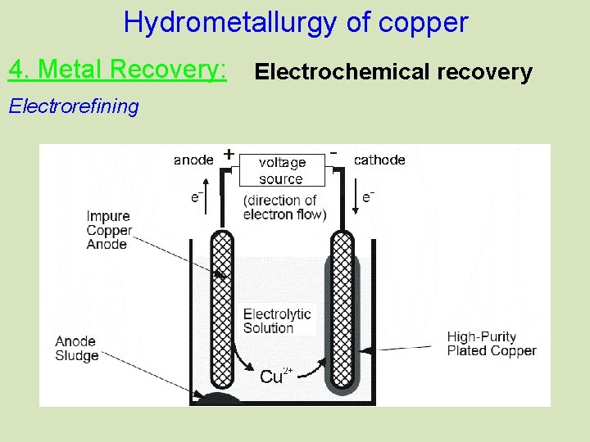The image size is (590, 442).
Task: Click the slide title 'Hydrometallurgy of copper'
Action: coord(295,22)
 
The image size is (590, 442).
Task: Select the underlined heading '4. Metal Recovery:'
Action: coord(117,70)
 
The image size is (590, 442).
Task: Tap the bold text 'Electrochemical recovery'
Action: coord(393,72)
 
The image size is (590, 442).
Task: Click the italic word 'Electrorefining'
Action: coord(74,106)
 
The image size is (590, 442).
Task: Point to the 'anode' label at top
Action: coord(193,160)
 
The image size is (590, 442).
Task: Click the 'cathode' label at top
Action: coord(379,160)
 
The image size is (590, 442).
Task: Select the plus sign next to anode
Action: coord(229,153)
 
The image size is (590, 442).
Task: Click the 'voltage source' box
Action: coord(281,171)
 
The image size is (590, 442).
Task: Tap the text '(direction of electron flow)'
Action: coord(284,207)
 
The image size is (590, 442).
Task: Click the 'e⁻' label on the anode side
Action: coord(197,197)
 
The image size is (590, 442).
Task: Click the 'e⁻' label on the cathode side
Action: coord(369,196)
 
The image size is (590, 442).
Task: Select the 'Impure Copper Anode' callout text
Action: coord(108,230)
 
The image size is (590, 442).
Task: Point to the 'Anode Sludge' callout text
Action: coord(77,349)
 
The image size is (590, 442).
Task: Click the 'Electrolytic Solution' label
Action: coord(277,321)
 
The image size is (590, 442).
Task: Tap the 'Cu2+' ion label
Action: coord(275,376)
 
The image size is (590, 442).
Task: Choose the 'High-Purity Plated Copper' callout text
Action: coord(492,344)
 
